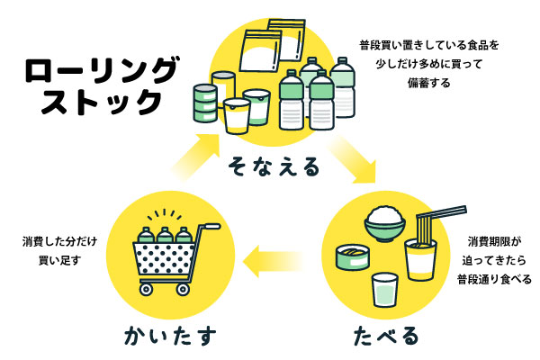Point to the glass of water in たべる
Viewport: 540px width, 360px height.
point(385,291)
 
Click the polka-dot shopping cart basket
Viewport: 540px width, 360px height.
point(167,264)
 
